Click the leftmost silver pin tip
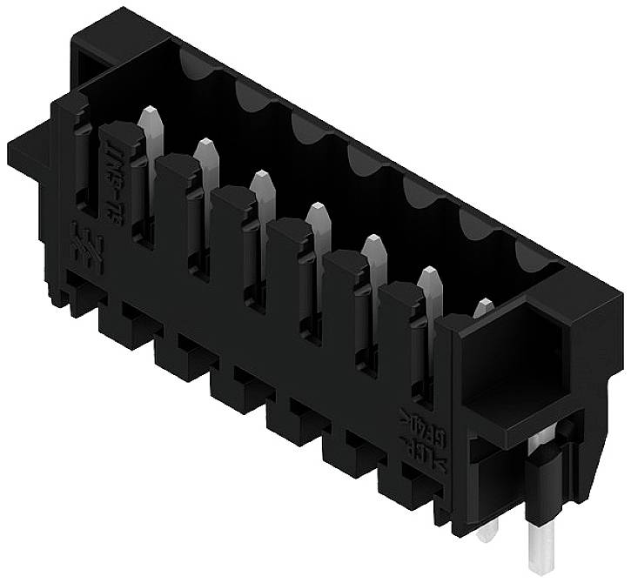coord(150,122)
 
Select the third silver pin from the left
coord(261,186)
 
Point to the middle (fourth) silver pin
coord(317,219)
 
